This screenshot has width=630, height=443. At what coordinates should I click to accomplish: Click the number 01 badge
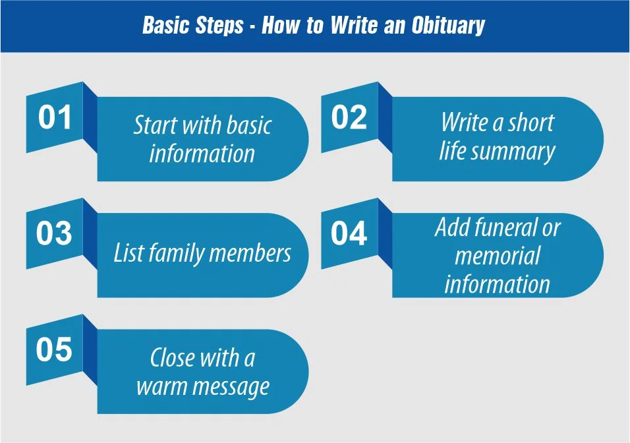(x=55, y=118)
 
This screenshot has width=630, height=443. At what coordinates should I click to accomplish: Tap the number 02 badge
(x=349, y=118)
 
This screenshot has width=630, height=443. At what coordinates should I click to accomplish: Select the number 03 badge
(x=55, y=234)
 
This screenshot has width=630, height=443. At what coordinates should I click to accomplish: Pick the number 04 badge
(x=349, y=234)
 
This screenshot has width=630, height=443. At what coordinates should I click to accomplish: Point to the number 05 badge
(x=55, y=350)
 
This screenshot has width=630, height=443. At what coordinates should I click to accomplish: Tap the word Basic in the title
(x=165, y=26)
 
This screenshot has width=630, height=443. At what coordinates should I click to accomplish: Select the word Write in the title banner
(x=356, y=26)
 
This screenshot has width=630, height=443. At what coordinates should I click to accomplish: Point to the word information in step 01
(x=202, y=154)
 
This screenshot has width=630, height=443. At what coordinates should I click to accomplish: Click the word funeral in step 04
(x=506, y=228)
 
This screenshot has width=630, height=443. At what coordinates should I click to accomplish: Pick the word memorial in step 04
(x=498, y=256)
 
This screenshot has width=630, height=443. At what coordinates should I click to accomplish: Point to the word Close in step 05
(x=172, y=358)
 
